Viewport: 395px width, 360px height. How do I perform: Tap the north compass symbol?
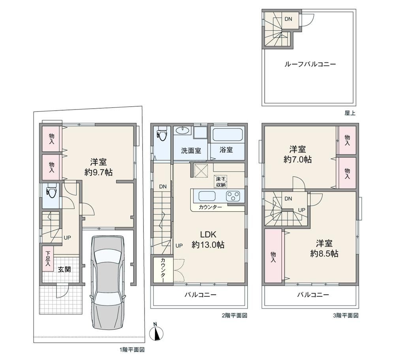[156, 332]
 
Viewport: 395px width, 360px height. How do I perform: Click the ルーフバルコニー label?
[310, 64]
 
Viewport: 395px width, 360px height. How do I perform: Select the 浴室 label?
[226, 150]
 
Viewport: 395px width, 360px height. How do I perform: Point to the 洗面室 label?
[191, 151]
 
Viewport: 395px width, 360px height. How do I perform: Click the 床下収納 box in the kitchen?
[221, 181]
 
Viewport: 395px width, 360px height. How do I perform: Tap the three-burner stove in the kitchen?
[233, 196]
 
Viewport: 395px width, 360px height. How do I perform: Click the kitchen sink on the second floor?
[207, 196]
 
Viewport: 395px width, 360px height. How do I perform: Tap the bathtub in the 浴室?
[228, 135]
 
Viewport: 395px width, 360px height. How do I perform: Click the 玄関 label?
[64, 270]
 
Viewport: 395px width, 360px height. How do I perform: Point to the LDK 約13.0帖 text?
[208, 239]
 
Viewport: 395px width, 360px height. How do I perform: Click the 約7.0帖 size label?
[297, 160]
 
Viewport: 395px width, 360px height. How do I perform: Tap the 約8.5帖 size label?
[324, 254]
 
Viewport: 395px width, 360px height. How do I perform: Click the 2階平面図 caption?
[234, 315]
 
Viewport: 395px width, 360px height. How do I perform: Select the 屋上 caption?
[350, 113]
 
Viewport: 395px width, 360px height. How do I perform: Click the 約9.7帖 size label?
[98, 172]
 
